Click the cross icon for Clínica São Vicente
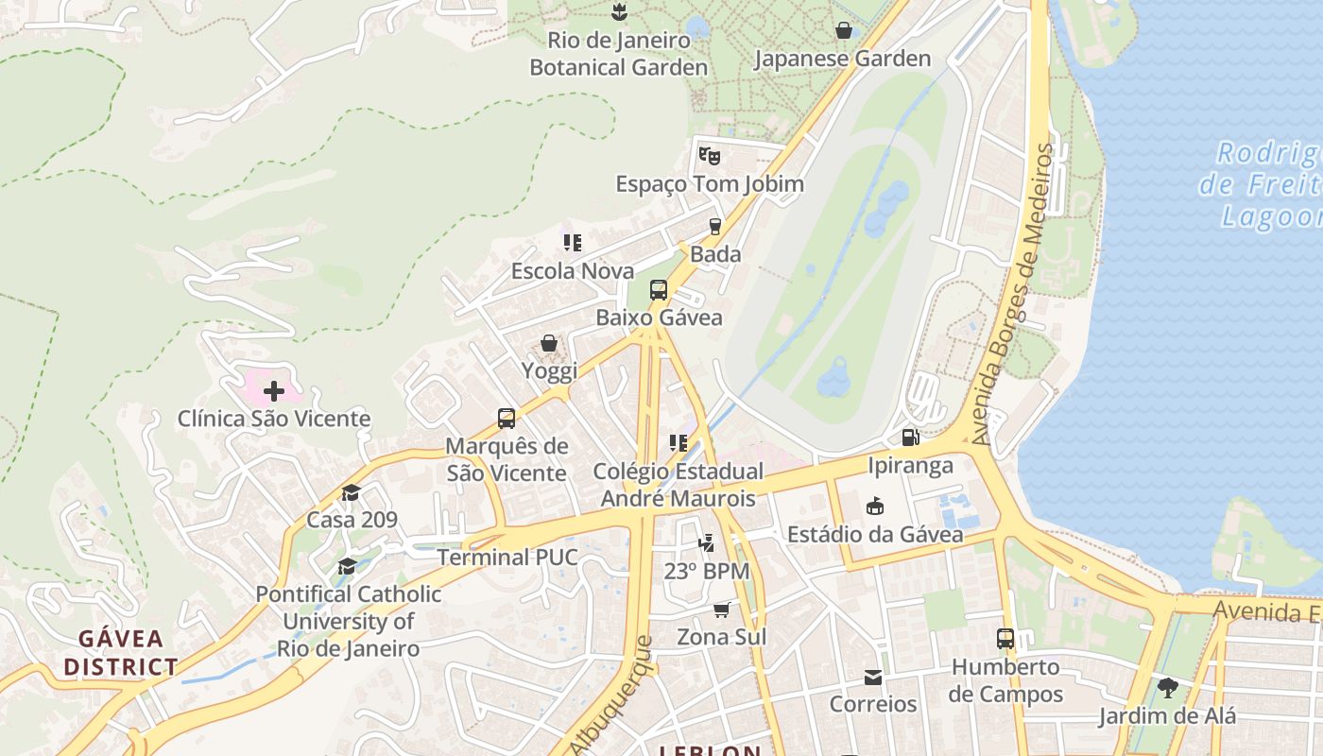[x=274, y=390]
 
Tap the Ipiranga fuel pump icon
[x=910, y=437]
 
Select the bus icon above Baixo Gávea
[x=659, y=290]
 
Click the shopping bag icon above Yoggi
[x=548, y=343]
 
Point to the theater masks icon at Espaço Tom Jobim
[x=709, y=155]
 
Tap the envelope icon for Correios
[x=872, y=677]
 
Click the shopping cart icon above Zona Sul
[x=722, y=610]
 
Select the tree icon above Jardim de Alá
[x=1167, y=687]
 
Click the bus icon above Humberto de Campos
[x=1005, y=638]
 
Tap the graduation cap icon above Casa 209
[x=351, y=492]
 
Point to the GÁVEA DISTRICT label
[x=121, y=652]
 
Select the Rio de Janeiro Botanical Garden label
[x=618, y=54]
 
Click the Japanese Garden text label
[x=842, y=59]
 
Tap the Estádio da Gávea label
[x=875, y=534]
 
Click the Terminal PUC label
[x=507, y=558]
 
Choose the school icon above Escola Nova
[x=572, y=243]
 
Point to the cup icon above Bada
[x=715, y=226]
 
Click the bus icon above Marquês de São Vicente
[x=507, y=418]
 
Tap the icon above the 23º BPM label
[x=706, y=542]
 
